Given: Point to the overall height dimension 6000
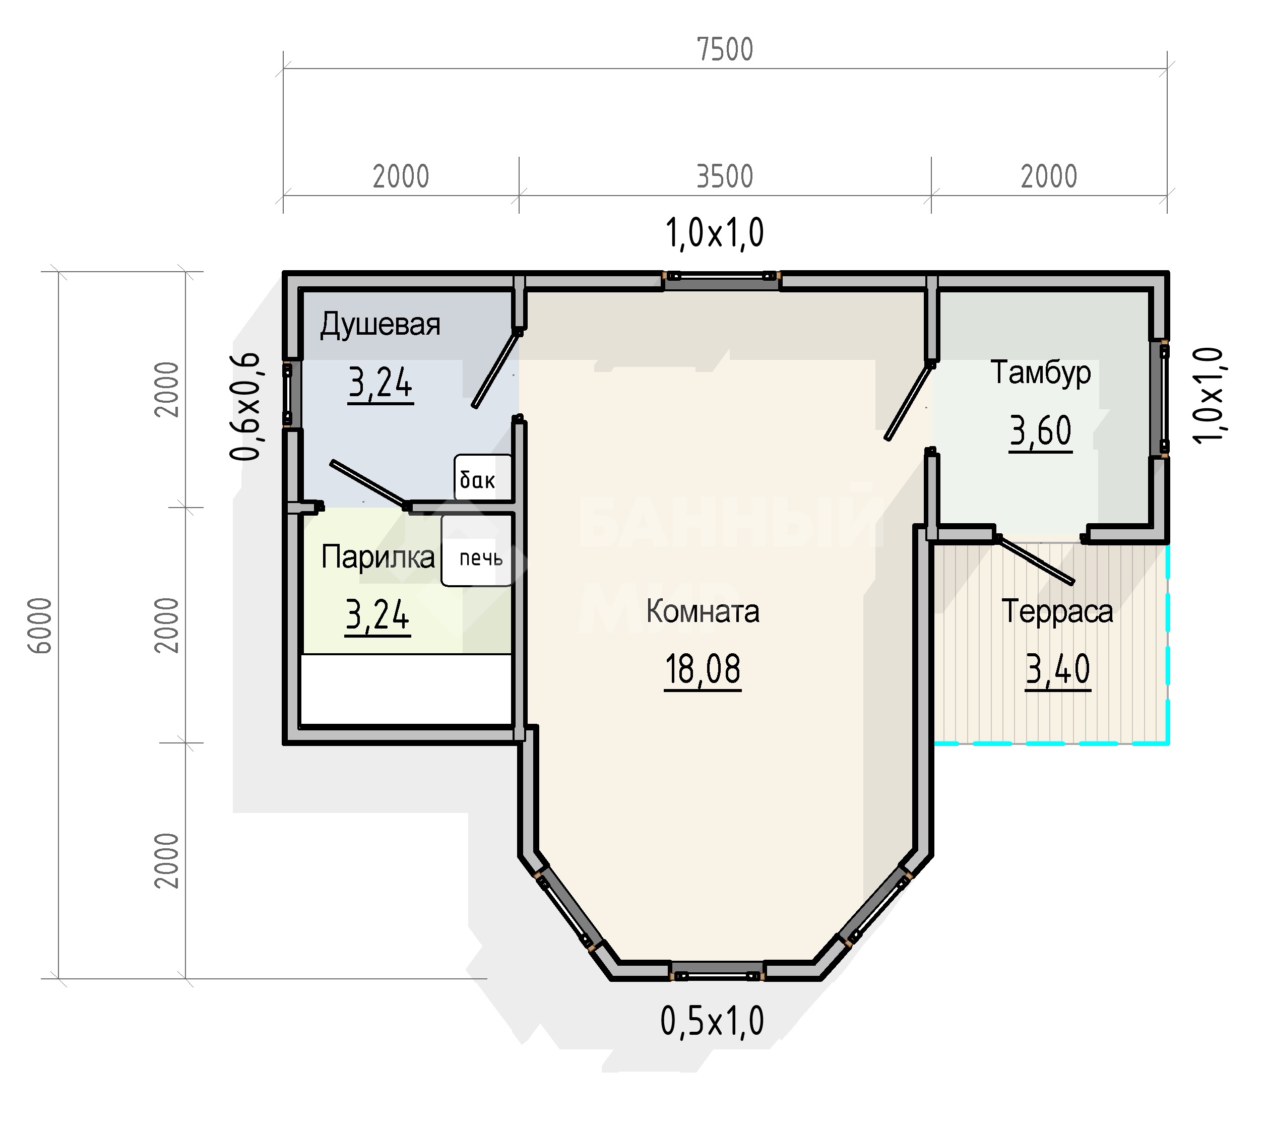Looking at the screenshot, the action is (41, 626).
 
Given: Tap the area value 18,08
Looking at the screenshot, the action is (703, 670).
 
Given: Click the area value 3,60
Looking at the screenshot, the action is (1041, 431).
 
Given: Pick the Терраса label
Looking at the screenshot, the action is (1057, 611).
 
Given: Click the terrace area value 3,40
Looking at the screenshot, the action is (1057, 670).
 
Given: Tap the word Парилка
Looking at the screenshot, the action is (378, 557).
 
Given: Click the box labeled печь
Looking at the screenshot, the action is (477, 551).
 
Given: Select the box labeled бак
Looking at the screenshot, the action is (483, 478).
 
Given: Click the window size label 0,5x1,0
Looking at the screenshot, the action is (712, 1022).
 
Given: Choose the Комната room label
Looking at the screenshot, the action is (703, 611).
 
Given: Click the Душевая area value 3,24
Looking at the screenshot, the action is (381, 384).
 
